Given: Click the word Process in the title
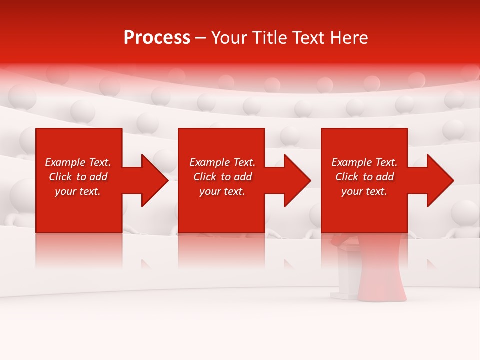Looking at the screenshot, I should coord(157,38).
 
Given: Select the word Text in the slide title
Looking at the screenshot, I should coord(309,38).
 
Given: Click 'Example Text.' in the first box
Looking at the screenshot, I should coord(78,162).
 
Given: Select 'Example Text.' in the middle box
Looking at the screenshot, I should coord(222,162).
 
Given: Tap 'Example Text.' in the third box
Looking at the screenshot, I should coord(364,162).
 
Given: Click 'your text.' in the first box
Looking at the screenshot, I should coord(78,191).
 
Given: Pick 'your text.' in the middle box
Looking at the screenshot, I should coord(222,191).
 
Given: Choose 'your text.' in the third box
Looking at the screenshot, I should coord(364,191).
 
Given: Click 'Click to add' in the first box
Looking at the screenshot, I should coord(78,177).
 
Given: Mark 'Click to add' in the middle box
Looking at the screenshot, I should coord(222,177).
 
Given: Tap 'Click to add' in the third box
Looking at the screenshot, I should coord(364,177).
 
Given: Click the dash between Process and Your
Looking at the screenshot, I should coord(200,38).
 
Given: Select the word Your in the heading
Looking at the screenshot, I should coord(229,38).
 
